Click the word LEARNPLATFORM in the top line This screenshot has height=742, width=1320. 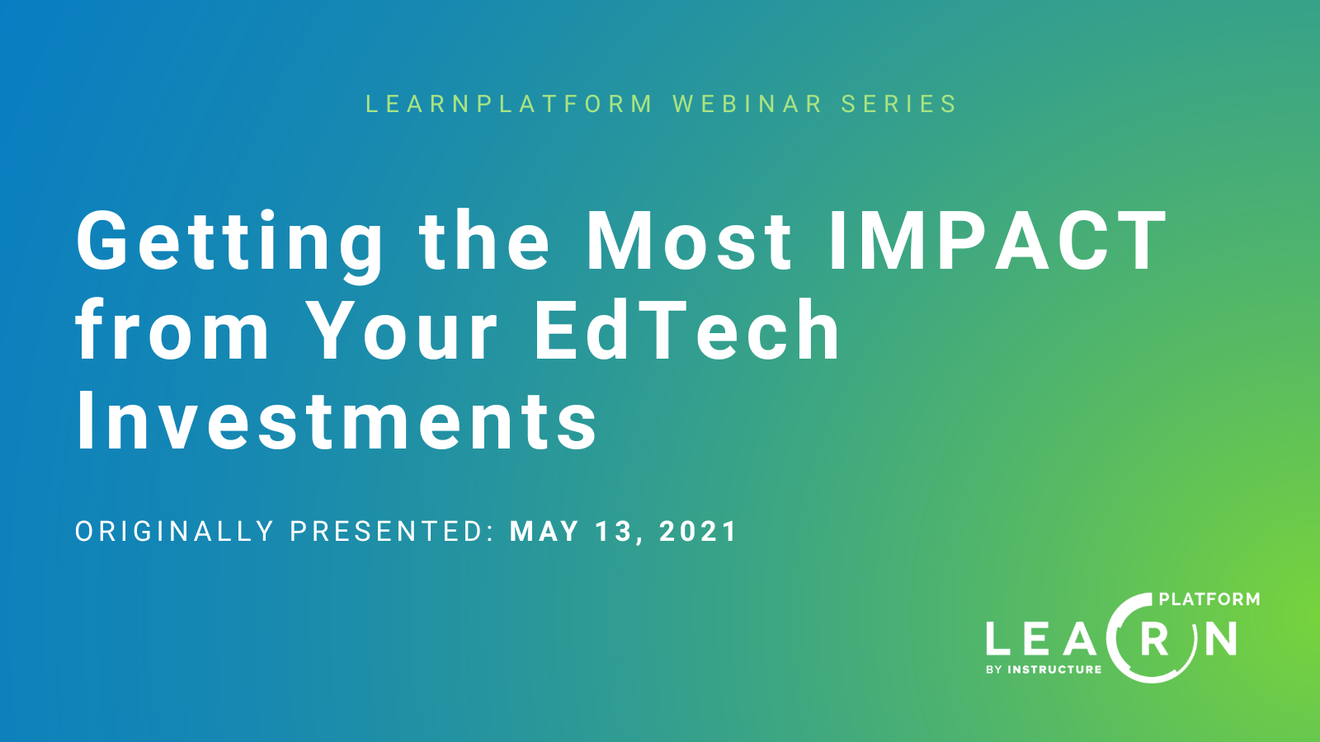point(509,104)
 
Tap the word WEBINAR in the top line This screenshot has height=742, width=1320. point(748,104)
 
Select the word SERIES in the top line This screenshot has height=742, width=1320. point(899,104)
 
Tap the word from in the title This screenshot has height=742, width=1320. point(173,331)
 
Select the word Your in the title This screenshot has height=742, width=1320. point(403,331)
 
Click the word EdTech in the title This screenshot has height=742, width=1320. point(687,331)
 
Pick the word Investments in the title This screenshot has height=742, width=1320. point(337,421)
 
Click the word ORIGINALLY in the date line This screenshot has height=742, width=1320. point(175,532)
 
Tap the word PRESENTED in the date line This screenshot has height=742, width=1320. point(391,532)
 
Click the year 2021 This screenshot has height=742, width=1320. point(698,532)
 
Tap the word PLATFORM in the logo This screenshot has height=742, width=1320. point(1209,599)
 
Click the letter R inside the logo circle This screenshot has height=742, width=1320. point(1155,640)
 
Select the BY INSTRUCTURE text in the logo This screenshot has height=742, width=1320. point(1044,669)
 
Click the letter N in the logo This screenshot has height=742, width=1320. point(1220,640)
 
